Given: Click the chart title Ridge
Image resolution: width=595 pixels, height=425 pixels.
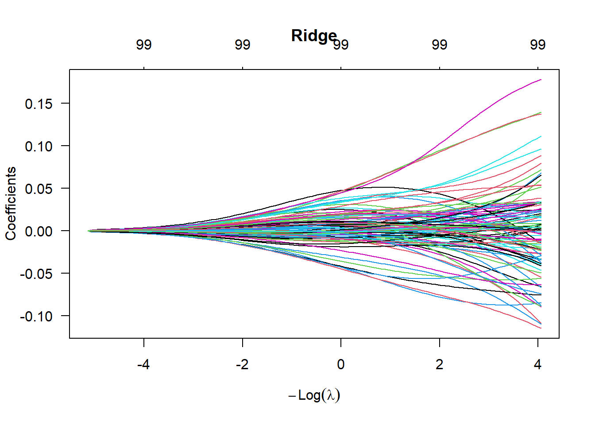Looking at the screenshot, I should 314,35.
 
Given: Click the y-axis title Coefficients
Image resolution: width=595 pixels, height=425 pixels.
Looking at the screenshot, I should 11,204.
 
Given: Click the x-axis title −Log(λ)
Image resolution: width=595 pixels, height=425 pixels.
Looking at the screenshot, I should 314,395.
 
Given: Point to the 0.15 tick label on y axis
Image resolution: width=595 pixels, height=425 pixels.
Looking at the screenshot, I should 39,104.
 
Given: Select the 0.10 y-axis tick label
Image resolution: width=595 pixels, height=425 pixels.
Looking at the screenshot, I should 39,147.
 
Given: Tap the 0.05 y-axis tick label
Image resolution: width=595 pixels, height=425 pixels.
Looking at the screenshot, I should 39,189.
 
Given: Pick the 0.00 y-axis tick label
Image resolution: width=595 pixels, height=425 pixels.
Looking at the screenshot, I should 39,232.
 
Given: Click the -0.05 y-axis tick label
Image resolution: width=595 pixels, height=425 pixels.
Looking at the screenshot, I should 36,274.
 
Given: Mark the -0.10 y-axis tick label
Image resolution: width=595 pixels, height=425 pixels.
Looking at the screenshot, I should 36,317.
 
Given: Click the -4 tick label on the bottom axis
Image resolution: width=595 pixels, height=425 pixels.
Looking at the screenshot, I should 143,364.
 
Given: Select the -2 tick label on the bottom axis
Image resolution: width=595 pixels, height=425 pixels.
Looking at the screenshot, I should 242,364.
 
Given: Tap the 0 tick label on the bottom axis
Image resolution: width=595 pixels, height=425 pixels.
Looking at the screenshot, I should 340,364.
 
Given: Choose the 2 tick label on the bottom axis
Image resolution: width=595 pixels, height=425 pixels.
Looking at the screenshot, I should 439,364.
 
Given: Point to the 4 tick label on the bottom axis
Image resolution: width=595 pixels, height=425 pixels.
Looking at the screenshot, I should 537,364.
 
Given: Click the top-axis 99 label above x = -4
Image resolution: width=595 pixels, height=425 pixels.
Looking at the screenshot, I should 144,45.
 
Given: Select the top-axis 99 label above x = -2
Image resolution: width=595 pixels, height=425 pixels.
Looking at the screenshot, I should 243,45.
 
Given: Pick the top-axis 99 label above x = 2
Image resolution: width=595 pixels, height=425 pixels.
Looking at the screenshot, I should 440,45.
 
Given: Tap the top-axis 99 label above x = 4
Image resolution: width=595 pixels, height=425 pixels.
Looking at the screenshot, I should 538,45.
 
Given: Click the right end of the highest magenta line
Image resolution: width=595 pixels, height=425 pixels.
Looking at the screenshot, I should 541,80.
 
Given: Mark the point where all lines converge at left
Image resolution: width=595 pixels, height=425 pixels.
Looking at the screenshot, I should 89,231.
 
